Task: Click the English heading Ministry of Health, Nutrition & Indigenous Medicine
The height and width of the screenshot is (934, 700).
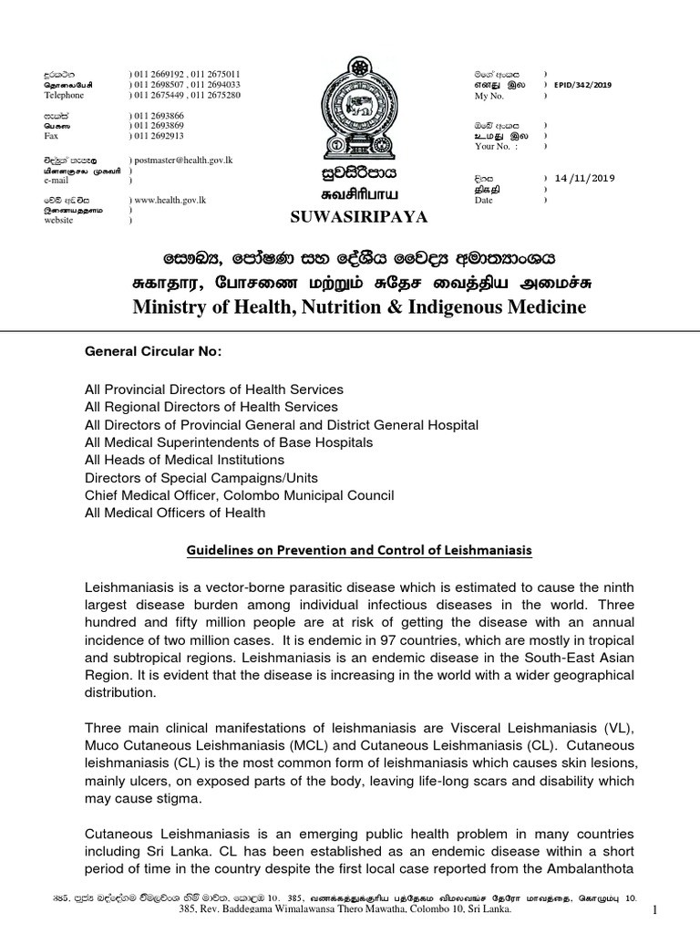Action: click(x=359, y=307)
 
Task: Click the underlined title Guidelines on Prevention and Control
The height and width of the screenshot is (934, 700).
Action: click(x=358, y=550)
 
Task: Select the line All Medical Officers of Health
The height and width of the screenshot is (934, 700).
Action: click(x=175, y=513)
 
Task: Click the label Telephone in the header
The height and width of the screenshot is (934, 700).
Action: click(x=64, y=95)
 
